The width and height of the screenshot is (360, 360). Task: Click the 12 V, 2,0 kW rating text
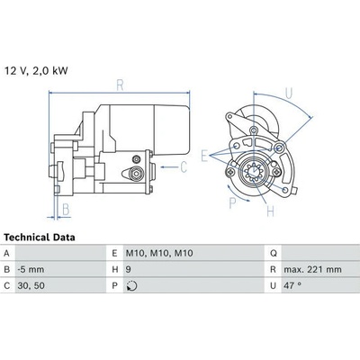pyautogui.click(x=36, y=71)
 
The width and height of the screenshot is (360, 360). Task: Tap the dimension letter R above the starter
pyautogui.click(x=120, y=85)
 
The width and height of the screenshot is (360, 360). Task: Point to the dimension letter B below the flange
pyautogui.click(x=66, y=209)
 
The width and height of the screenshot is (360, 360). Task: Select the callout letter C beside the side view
pyautogui.click(x=184, y=167)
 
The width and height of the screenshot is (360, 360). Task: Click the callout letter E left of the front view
pyautogui.click(x=204, y=156)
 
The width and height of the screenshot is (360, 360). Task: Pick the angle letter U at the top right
pyautogui.click(x=289, y=94)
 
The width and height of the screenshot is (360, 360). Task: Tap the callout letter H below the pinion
pyautogui.click(x=270, y=211)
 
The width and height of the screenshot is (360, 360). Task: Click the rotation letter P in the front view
pyautogui.click(x=232, y=203)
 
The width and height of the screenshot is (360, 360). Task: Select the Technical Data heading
pyautogui.click(x=40, y=238)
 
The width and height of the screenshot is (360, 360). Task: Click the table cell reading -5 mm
pyautogui.click(x=31, y=269)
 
